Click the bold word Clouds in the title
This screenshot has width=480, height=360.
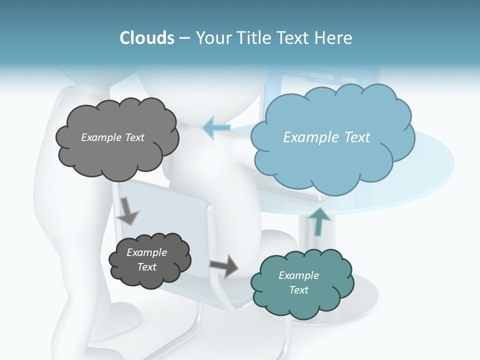click(147, 38)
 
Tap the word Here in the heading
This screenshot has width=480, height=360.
click(334, 38)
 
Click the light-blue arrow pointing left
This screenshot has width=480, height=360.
click(216, 127)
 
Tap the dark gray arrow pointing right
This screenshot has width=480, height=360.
click(224, 265)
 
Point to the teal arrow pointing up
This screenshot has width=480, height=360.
click(318, 221)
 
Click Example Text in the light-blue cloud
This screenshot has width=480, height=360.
click(326, 137)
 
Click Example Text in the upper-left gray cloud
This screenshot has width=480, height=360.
click(112, 137)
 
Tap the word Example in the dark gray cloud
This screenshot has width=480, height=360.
click(146, 252)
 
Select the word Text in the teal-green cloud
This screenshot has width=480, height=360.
click(298, 290)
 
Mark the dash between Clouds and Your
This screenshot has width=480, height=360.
click(185, 38)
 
